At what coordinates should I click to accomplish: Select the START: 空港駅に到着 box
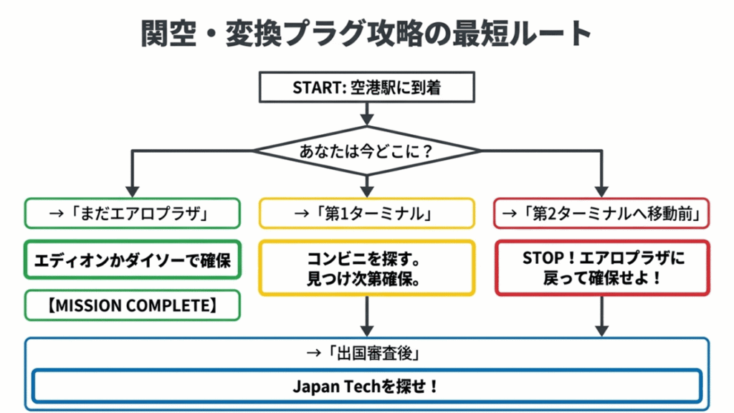[366, 87]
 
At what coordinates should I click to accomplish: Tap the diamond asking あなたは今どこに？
[366, 151]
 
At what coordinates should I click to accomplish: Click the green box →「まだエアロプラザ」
[132, 213]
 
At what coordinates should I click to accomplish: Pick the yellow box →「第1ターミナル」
[366, 213]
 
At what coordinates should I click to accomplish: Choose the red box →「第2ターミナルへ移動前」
[601, 213]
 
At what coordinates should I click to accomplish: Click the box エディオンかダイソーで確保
[132, 259]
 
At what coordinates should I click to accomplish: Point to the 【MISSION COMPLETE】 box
[132, 305]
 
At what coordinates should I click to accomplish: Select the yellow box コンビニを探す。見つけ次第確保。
[366, 268]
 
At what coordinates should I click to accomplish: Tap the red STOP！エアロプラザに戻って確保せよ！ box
[601, 268]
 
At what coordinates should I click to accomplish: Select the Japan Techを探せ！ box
[366, 386]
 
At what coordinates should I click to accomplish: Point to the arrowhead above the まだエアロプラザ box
[132, 189]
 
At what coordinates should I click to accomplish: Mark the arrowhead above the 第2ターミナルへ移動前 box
[601, 189]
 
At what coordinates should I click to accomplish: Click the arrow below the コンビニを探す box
[366, 315]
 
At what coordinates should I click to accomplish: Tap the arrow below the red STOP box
[601, 315]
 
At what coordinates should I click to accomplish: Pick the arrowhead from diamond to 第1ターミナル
[366, 189]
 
